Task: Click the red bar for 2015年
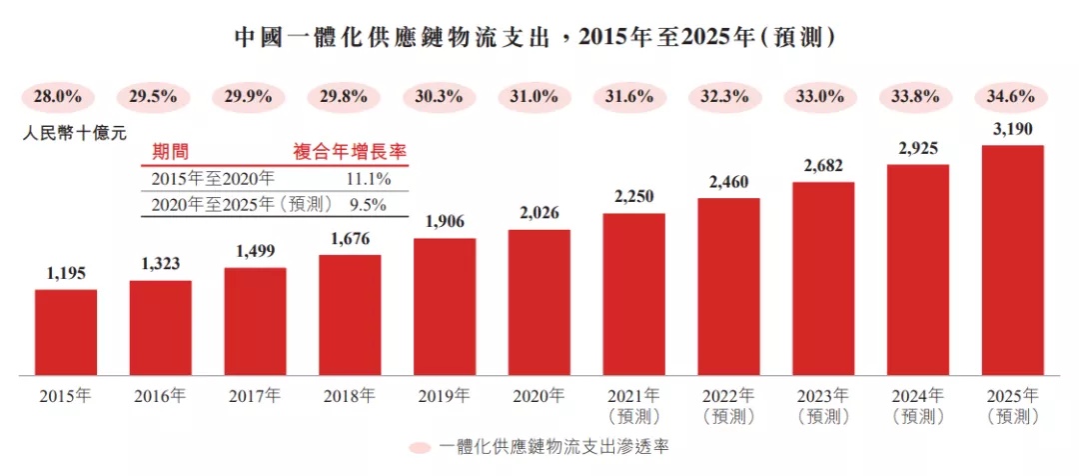[x=66, y=333]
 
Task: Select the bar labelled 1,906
[x=445, y=307]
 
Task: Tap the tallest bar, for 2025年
[x=1012, y=261]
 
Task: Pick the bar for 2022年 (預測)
[x=728, y=287]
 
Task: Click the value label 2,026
[x=539, y=213]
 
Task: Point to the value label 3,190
[x=1012, y=129]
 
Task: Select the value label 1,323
[x=161, y=264]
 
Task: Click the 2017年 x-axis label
[x=255, y=395]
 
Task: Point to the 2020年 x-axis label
[x=539, y=395]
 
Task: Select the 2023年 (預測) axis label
[x=823, y=404]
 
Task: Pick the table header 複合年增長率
[x=350, y=152]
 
